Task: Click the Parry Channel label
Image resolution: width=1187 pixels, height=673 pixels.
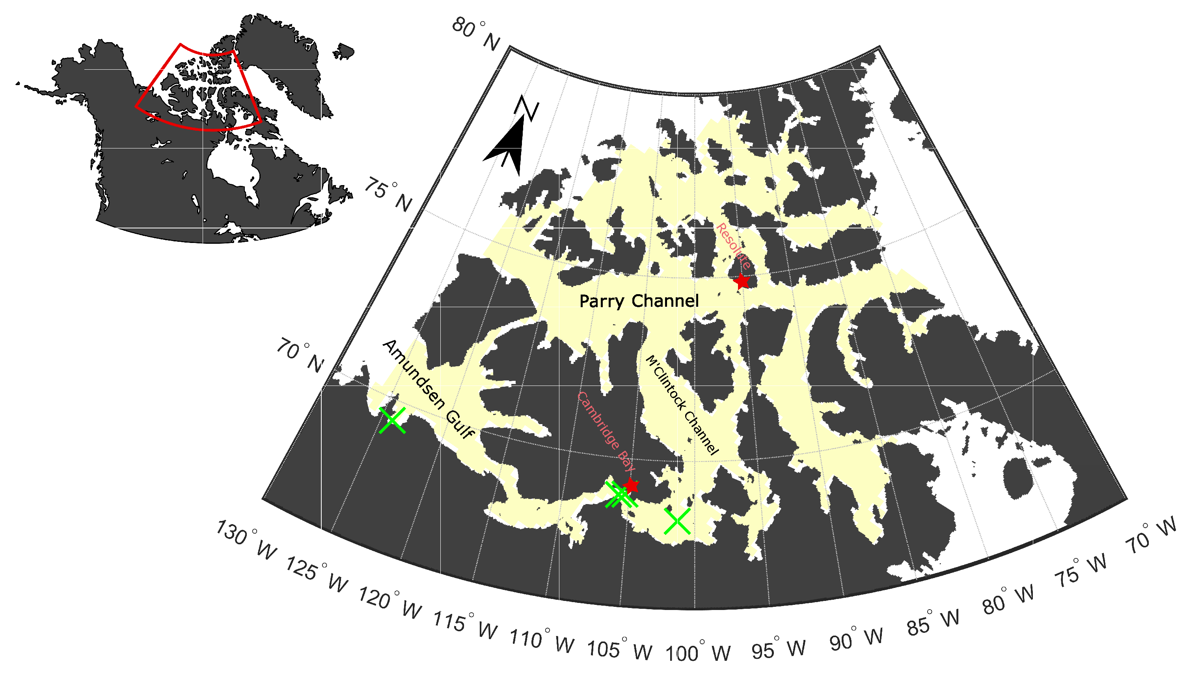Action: (x=639, y=301)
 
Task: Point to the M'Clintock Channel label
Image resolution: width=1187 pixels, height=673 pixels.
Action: (x=682, y=405)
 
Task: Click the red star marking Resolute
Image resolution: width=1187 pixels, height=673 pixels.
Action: (x=742, y=280)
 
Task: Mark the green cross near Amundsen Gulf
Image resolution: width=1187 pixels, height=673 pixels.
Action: (x=392, y=420)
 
